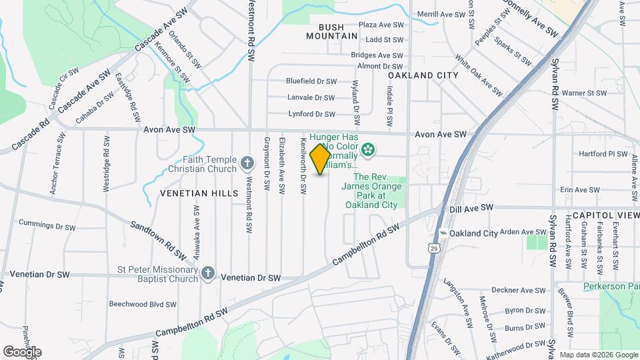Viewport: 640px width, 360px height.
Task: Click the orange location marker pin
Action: coord(320,159)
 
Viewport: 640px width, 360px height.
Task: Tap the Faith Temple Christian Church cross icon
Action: coord(247,162)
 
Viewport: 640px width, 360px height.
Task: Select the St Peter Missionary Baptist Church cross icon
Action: coord(208,273)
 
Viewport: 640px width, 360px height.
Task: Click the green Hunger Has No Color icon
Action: coord(367,149)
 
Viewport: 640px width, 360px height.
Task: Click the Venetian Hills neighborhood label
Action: coord(199,193)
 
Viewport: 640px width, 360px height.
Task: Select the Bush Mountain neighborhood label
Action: coord(332,31)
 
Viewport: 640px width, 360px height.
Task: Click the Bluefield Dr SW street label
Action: coord(311,81)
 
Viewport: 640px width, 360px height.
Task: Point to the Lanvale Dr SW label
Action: coord(311,97)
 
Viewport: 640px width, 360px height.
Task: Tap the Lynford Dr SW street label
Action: coord(311,114)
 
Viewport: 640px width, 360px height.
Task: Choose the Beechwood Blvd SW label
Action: coord(143,304)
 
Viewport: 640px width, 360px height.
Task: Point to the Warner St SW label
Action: coord(584,93)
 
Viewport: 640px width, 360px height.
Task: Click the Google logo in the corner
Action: coord(22,351)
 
